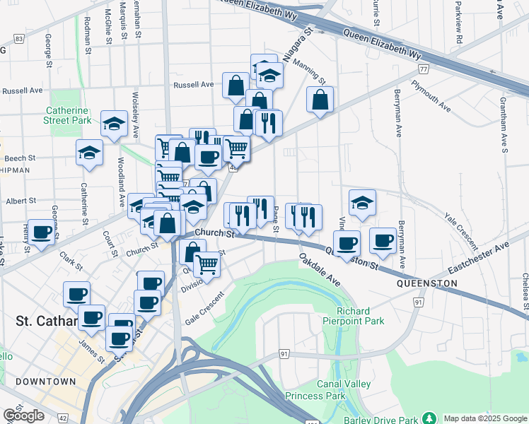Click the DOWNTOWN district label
tap(45, 382)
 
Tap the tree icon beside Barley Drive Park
tap(427, 418)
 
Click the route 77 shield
tap(423, 69)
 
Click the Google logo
tap(23, 416)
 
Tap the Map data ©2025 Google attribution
tap(485, 418)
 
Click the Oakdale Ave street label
tap(320, 269)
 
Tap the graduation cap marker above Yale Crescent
tap(362, 202)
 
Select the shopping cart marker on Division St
tap(207, 264)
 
